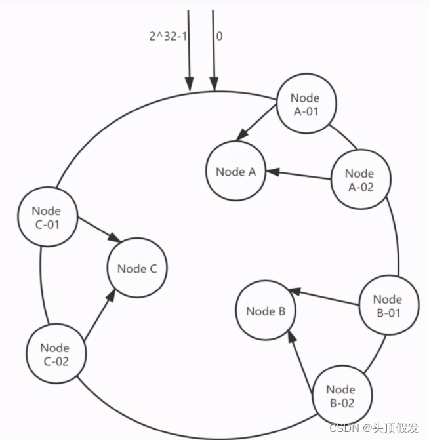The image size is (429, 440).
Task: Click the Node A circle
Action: pyautogui.click(x=235, y=172)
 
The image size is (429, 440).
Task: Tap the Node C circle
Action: pyautogui.click(x=137, y=268)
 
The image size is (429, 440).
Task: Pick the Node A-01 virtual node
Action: pyautogui.click(x=305, y=104)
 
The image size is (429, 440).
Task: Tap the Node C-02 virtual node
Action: pyautogui.click(x=54, y=353)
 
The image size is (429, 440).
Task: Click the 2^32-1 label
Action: pyautogui.click(x=167, y=37)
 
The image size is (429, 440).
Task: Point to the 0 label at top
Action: pyautogui.click(x=219, y=37)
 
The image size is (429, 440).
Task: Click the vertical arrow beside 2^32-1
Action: pyautogui.click(x=189, y=49)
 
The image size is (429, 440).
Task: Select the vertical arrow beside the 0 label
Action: pyautogui.click(x=213, y=49)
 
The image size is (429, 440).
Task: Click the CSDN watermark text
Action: pyautogui.click(x=373, y=428)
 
